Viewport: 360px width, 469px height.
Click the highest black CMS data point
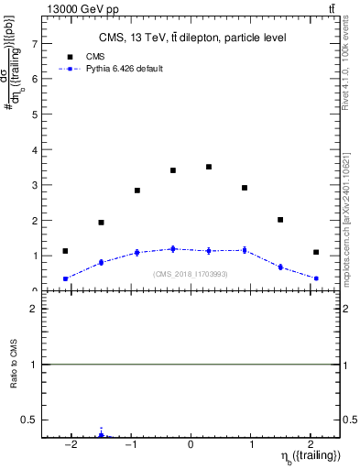(x=209, y=167)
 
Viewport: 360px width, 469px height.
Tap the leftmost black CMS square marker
(x=65, y=251)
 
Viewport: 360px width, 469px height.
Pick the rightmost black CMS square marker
(x=316, y=252)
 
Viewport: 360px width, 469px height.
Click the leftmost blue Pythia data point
(x=65, y=278)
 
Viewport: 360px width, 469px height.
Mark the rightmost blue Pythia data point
(x=316, y=278)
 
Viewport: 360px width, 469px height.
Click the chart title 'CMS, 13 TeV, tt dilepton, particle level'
(x=191, y=38)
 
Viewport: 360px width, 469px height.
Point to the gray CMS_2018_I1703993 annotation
(x=191, y=274)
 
